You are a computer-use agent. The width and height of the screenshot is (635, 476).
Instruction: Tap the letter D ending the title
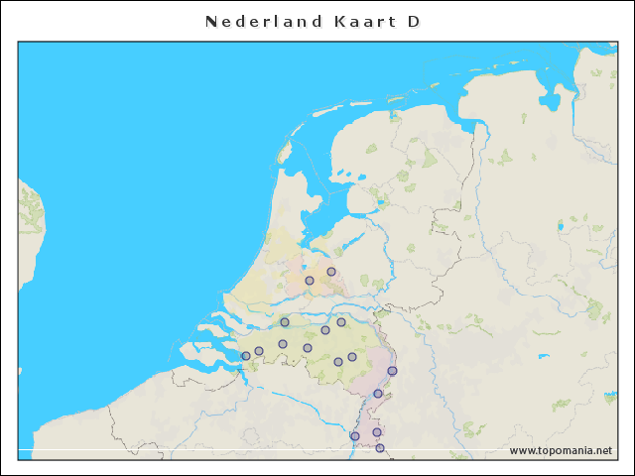coord(414,21)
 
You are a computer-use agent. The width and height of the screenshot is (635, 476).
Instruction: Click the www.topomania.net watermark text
coord(561,450)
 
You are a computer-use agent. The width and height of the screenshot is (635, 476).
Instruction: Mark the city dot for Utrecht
coord(310,281)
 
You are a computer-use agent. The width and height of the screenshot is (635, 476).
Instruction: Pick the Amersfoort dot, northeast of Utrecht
coord(331,272)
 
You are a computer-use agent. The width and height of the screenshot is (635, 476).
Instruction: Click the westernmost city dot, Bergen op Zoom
coord(246,356)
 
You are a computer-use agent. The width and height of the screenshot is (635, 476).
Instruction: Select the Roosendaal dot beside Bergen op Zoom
coord(259,351)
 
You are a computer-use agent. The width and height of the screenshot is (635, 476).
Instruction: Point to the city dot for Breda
coord(283,344)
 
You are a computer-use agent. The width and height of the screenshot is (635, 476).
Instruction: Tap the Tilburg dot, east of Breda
coord(308,348)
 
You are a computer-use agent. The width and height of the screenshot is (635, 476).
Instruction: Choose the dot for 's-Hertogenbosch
coord(325,330)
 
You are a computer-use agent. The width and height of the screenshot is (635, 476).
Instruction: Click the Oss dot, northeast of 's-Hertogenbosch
coord(341,322)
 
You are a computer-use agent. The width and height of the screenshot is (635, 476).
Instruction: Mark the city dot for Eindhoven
coord(338,362)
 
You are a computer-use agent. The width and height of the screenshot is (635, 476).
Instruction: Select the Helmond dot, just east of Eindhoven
coord(352,357)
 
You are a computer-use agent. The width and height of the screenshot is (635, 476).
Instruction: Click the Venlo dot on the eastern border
coord(392,371)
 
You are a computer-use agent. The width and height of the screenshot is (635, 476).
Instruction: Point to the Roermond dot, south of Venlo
coord(378,394)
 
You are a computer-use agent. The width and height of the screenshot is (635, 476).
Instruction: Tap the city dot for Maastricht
coord(355,436)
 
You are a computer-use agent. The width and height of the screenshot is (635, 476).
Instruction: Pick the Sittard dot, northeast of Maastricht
coord(377,432)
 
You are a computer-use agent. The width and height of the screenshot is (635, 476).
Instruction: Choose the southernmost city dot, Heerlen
coord(380,448)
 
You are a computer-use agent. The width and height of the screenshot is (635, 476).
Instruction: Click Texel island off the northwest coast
coord(285,152)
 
